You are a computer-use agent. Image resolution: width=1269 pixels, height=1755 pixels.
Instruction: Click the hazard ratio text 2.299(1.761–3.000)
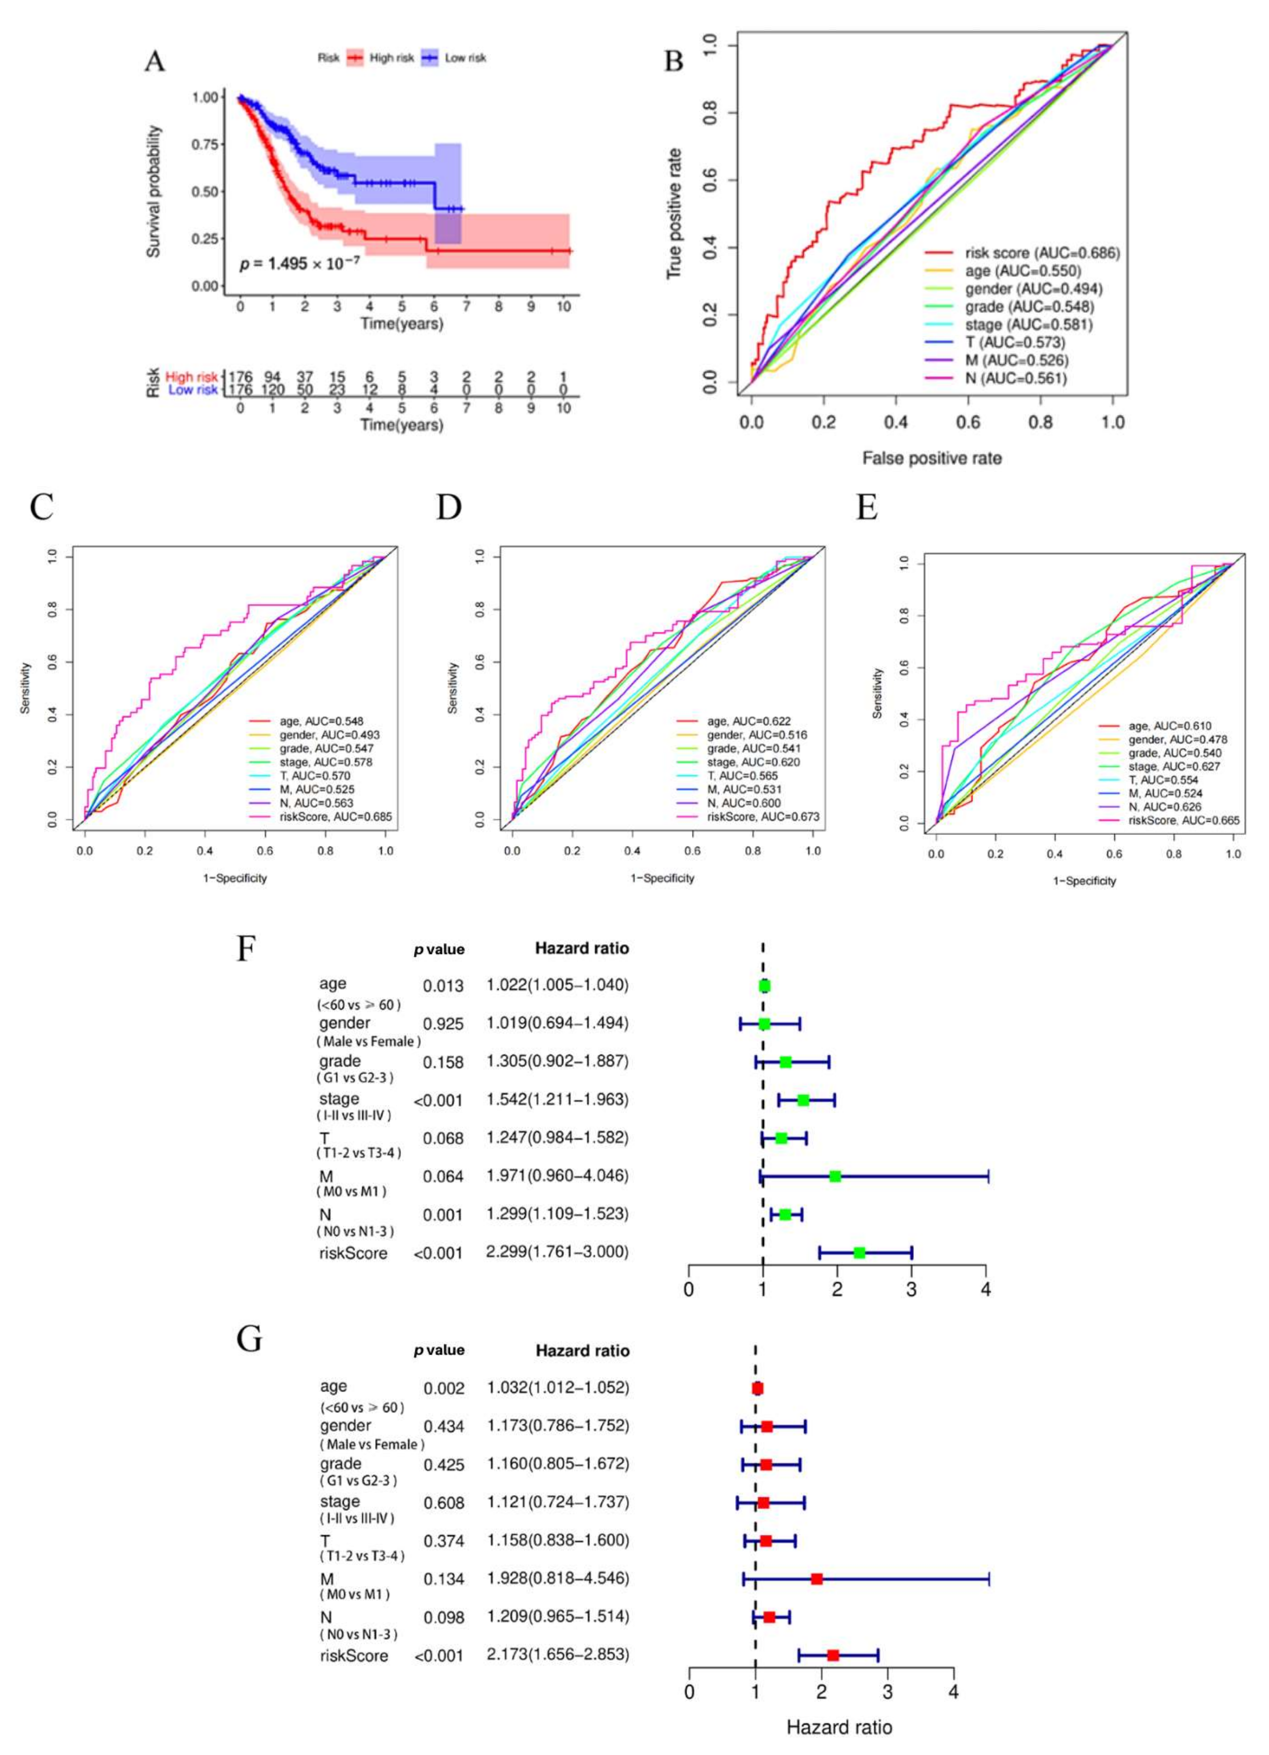tap(557, 1251)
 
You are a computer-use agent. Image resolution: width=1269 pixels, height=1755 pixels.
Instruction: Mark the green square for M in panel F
tap(835, 1176)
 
